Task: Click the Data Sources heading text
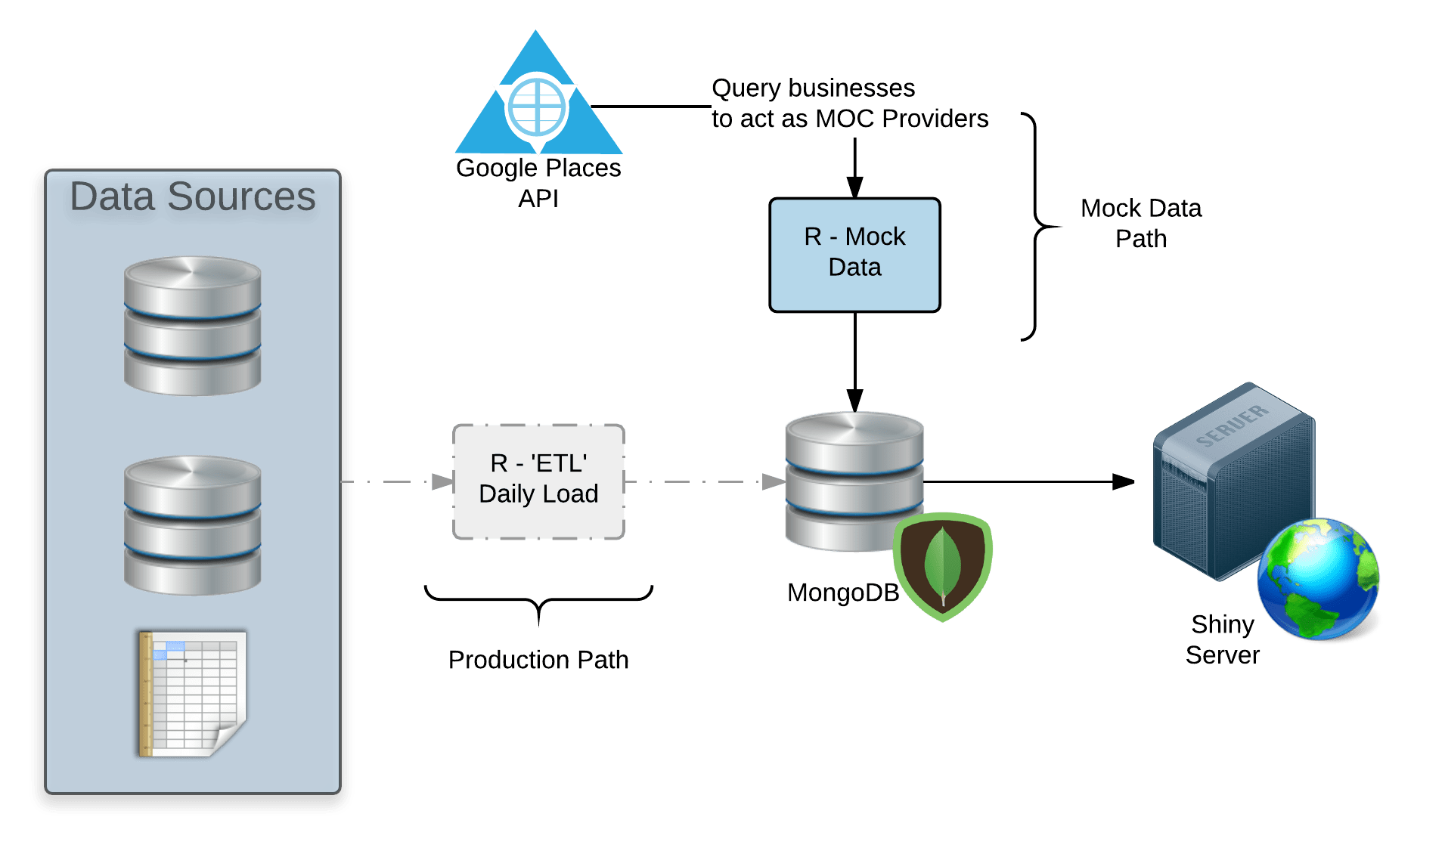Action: click(x=192, y=197)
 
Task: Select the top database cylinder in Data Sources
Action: click(x=192, y=326)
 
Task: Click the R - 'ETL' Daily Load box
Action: click(x=538, y=481)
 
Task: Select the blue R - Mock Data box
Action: click(x=854, y=255)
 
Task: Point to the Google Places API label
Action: click(x=538, y=183)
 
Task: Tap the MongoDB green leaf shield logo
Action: click(x=942, y=567)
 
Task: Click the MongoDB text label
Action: click(x=842, y=593)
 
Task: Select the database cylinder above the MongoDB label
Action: click(x=854, y=481)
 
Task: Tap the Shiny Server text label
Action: click(x=1222, y=639)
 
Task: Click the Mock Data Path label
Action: click(x=1140, y=224)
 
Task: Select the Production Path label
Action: click(x=538, y=660)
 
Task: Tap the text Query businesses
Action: click(x=813, y=88)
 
